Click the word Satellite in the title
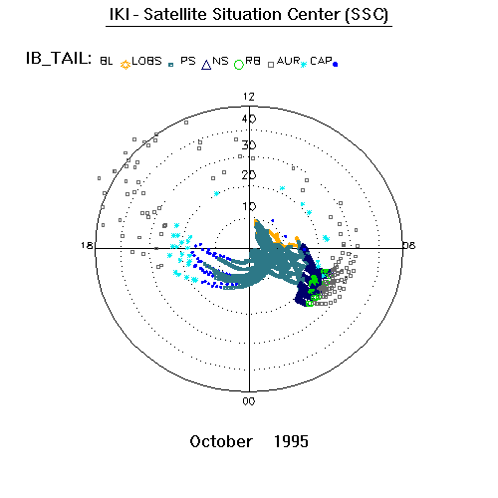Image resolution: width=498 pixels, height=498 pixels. (176, 15)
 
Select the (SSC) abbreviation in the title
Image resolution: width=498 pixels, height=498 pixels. (367, 15)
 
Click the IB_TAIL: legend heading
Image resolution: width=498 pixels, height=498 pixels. (59, 59)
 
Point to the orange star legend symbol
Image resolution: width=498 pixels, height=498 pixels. (125, 65)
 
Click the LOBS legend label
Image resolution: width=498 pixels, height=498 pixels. (146, 61)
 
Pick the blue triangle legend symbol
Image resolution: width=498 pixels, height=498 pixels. (206, 65)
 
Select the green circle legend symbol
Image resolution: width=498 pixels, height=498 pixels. (239, 65)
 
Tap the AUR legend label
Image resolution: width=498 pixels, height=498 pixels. (288, 61)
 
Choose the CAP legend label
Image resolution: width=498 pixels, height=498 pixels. (321, 61)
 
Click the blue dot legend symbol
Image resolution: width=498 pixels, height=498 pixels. (335, 65)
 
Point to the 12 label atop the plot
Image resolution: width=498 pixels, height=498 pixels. (249, 97)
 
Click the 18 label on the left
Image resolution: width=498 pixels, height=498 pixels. (87, 245)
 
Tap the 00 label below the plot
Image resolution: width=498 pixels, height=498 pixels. (249, 401)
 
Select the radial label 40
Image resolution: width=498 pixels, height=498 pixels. (249, 119)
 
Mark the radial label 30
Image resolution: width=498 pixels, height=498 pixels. (249, 145)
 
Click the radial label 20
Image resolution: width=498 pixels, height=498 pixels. (249, 175)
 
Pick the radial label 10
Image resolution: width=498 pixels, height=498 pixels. (249, 206)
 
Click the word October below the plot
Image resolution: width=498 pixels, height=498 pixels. (221, 442)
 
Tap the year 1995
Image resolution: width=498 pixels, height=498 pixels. (291, 442)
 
